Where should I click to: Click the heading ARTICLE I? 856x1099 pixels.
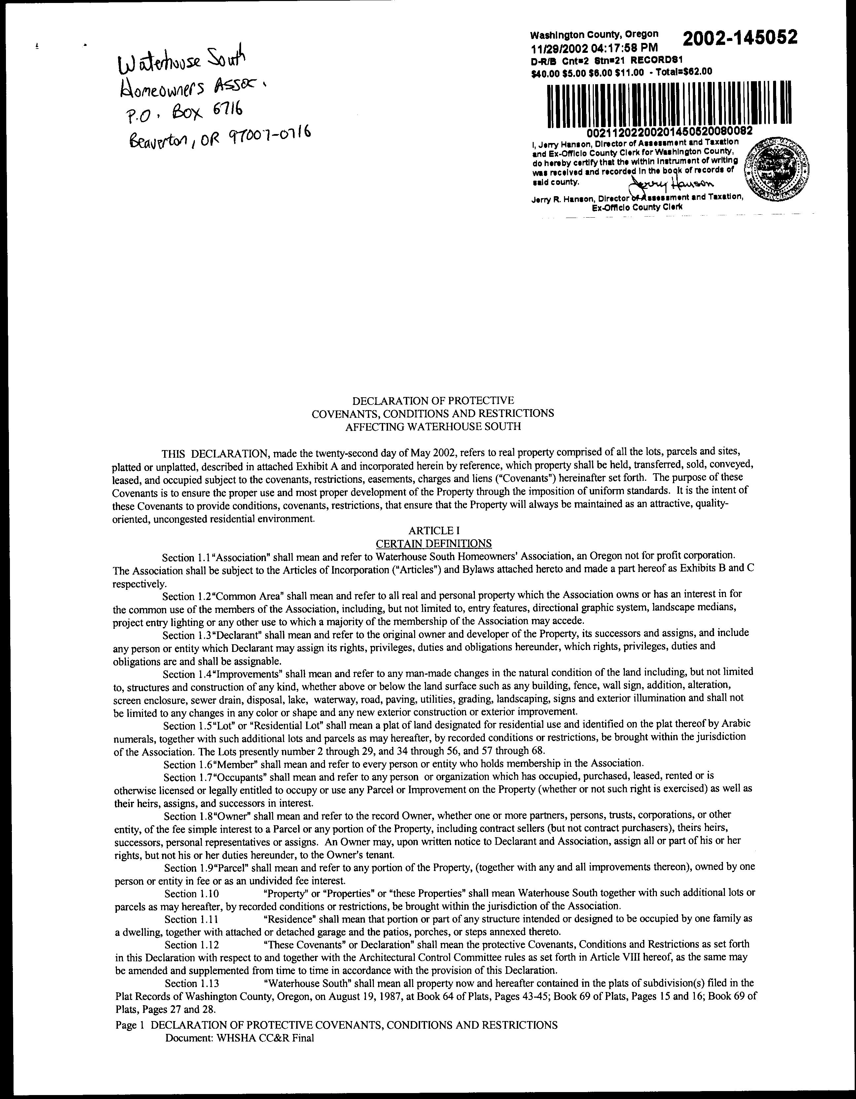[434, 530]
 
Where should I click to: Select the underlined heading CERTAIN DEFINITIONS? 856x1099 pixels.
[434, 544]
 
